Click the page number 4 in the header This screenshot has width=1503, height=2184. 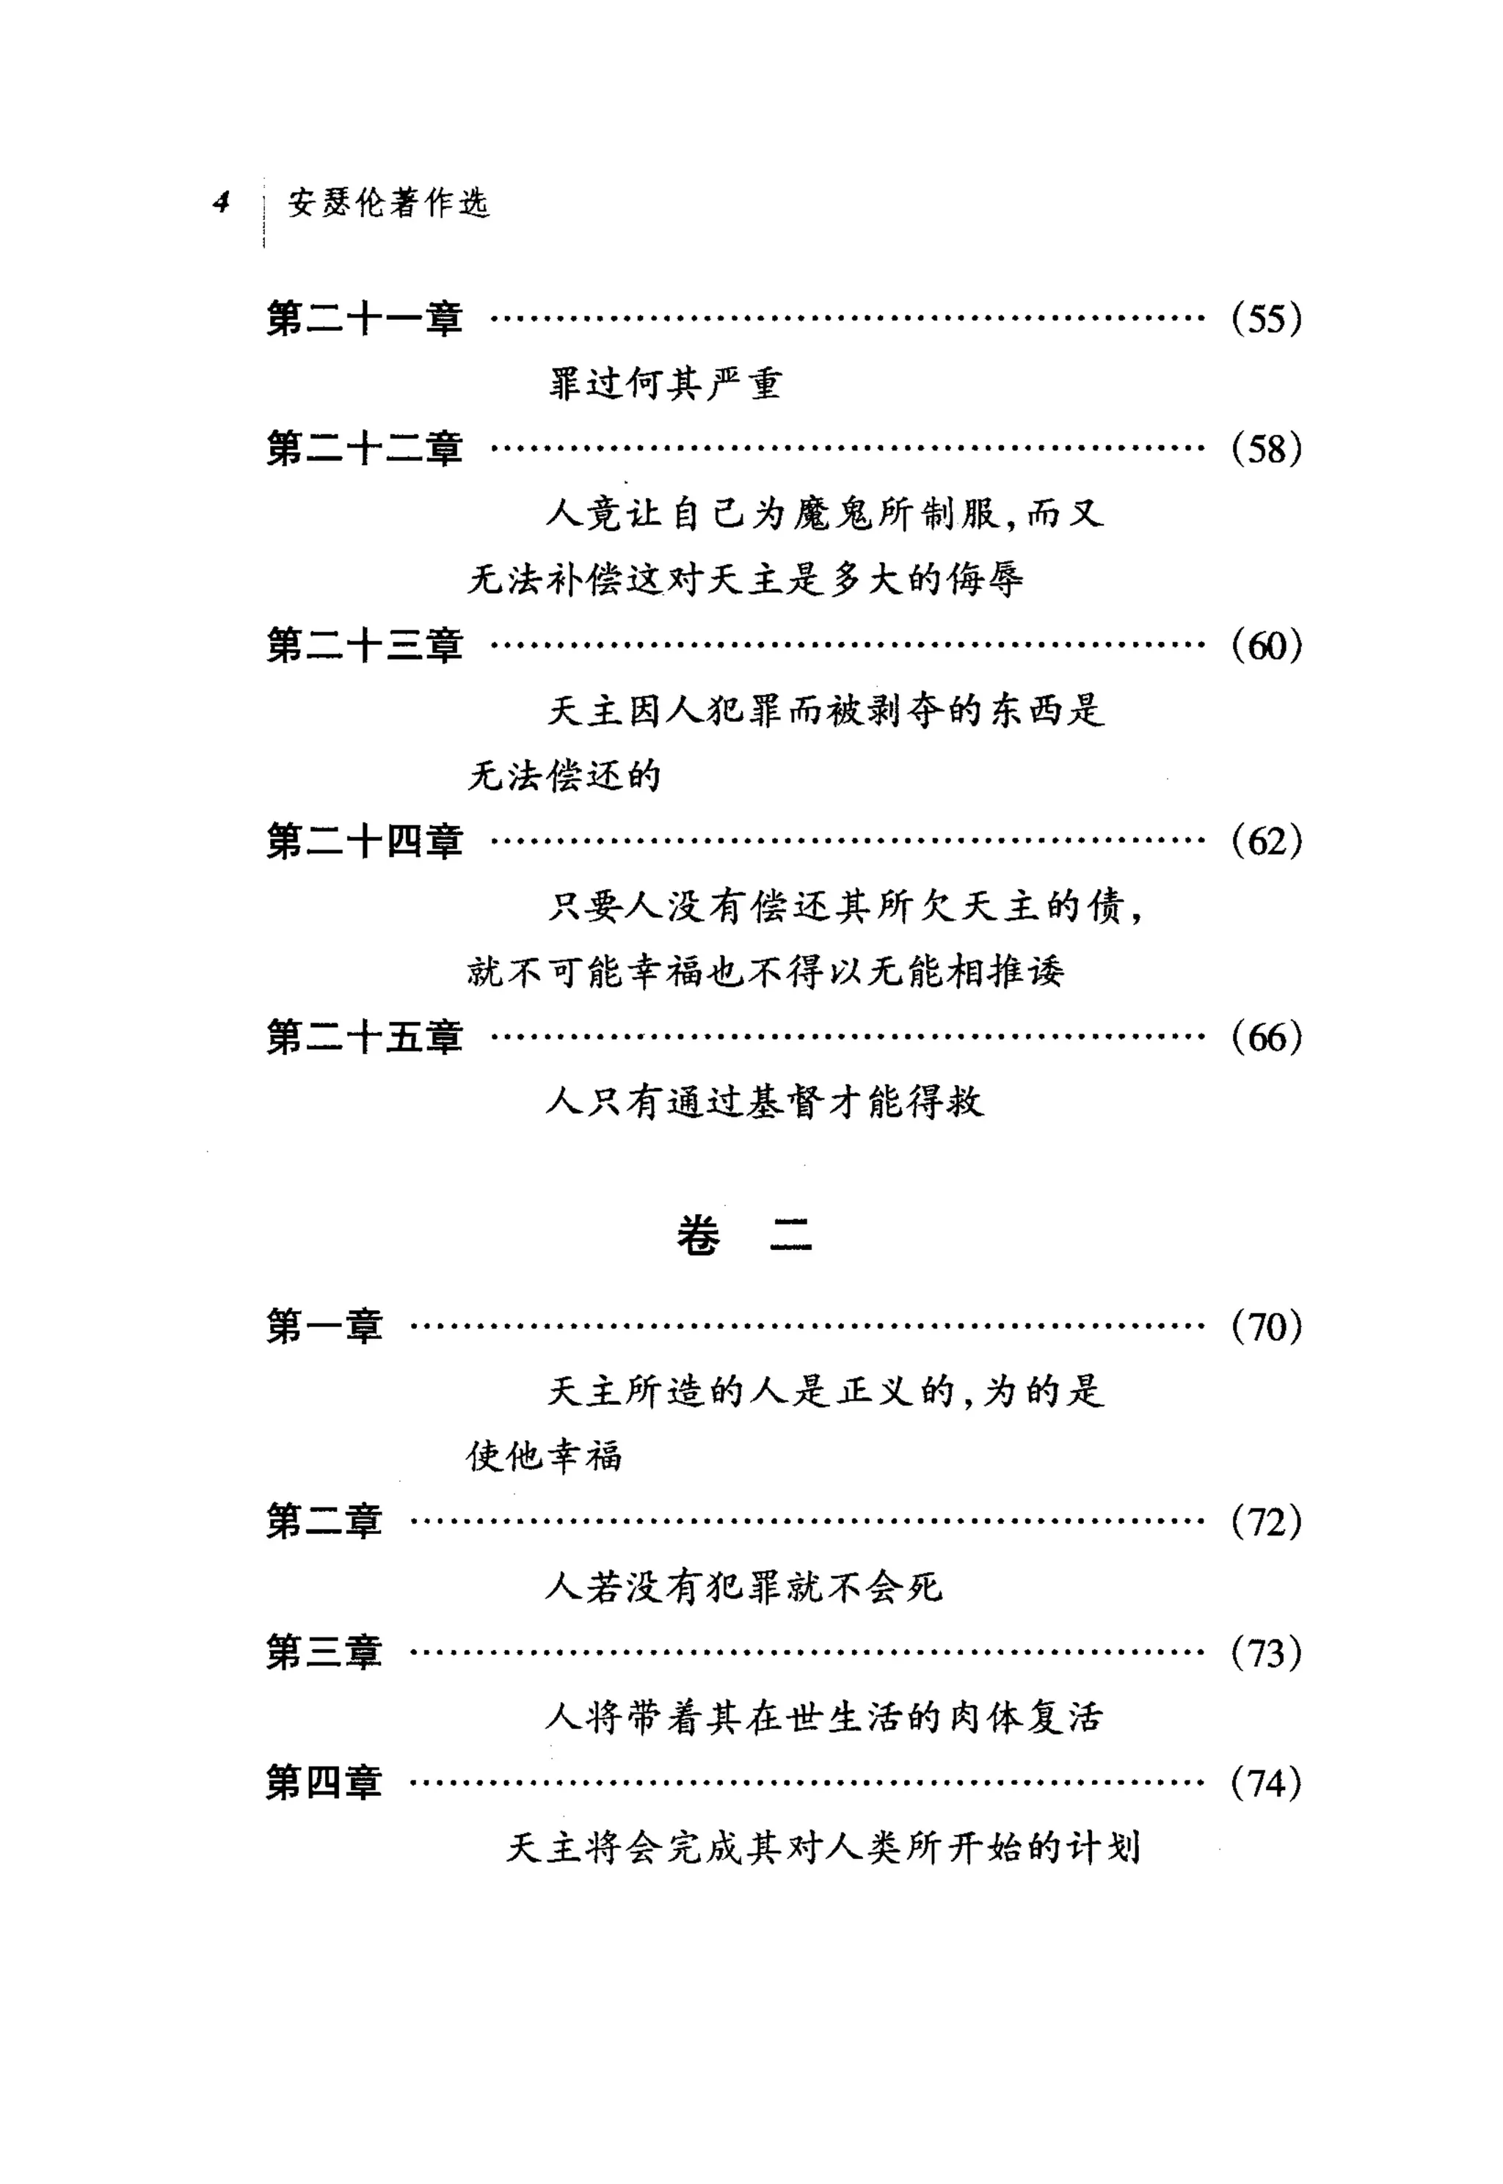222,202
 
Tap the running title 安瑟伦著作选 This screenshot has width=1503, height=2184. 388,202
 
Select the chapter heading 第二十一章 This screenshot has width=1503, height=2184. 365,318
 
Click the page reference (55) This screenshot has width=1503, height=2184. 1266,318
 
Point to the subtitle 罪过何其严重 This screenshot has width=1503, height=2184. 665,383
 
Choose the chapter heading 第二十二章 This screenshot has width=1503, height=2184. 365,448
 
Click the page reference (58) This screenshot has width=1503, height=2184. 1266,448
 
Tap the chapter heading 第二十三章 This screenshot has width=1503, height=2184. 365,645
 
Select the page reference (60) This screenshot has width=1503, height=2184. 1266,645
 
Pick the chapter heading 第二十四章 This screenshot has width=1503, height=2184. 365,841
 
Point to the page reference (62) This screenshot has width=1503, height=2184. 1266,841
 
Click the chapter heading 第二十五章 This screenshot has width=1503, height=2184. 365,1037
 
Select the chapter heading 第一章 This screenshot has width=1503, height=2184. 324,1326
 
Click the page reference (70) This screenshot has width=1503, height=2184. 1266,1326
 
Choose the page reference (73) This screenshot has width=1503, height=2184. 1266,1653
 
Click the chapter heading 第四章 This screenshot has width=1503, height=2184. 324,1783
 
